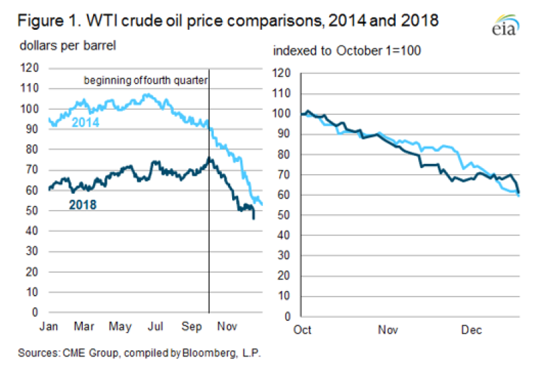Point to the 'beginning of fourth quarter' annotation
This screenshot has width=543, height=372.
[145, 80]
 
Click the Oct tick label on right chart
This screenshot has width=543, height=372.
[303, 331]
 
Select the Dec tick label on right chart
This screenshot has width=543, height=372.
[471, 331]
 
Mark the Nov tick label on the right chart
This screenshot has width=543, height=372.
[387, 331]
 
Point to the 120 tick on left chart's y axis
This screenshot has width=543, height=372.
[29, 68]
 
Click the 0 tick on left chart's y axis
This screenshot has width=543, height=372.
[35, 313]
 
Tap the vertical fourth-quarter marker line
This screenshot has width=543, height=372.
[208, 204]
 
